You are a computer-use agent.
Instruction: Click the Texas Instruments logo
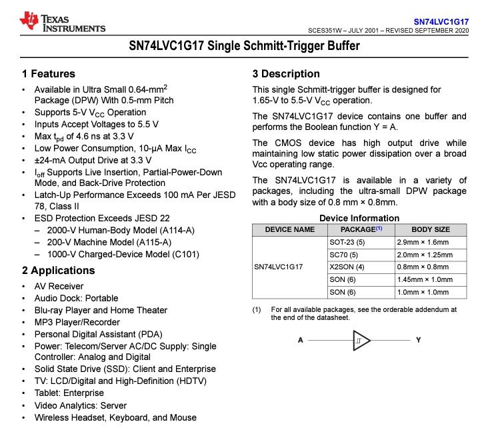coord(62,22)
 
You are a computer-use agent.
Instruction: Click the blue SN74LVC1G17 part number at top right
coord(441,21)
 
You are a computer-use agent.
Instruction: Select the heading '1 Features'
coord(48,74)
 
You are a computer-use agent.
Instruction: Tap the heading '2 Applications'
coord(58,271)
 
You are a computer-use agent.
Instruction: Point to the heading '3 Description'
coord(286,74)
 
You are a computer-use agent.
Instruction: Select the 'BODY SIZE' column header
coord(431,229)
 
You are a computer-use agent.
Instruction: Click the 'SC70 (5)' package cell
coord(343,255)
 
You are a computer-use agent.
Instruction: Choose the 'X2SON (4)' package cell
coord(347,267)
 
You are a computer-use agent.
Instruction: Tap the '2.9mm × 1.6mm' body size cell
coord(423,242)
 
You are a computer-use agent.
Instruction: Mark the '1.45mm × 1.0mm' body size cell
coord(425,280)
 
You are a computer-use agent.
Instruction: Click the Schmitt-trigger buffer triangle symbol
coord(361,341)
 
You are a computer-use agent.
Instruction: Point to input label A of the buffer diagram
coord(301,340)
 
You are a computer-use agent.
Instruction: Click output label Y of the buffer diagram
coord(418,340)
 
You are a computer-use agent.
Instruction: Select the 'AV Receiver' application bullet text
coord(59,286)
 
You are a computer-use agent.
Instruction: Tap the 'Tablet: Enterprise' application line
coord(69,393)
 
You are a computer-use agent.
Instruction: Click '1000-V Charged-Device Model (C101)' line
coord(123,254)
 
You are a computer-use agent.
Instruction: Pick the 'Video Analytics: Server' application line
coord(80,405)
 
